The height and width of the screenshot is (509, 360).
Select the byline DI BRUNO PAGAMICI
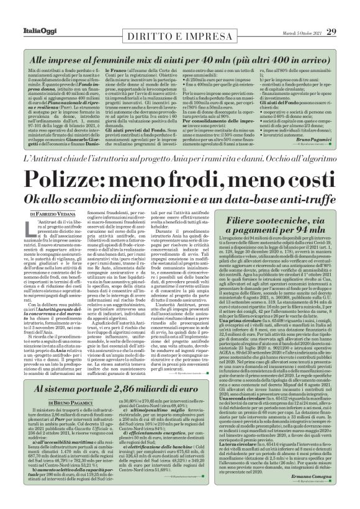point(102,387)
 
